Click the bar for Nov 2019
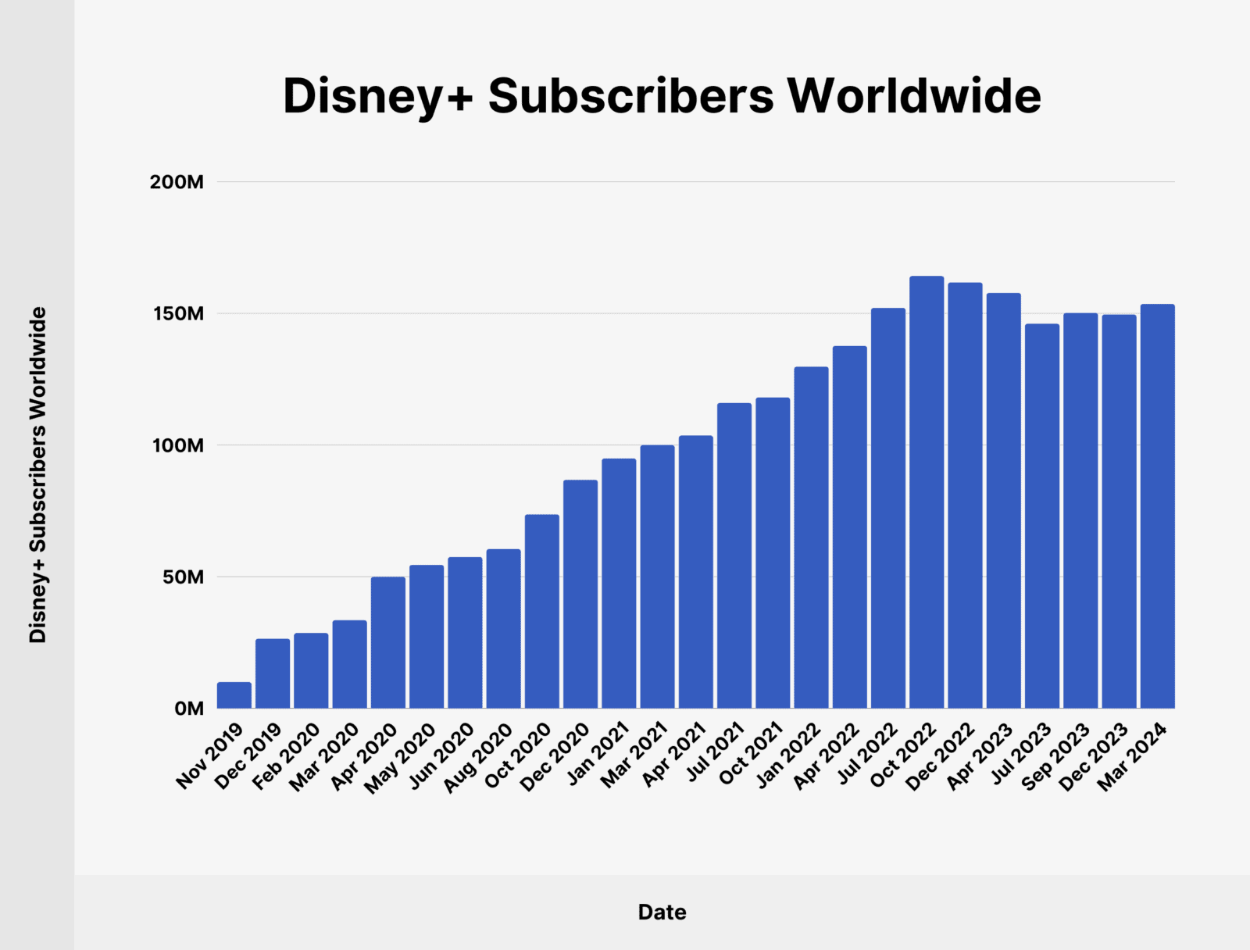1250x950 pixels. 234,695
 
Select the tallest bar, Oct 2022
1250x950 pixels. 927,492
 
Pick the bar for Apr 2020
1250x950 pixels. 388,642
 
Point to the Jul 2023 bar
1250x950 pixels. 1042,516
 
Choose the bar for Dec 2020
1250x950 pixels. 580,594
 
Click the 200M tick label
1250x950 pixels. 177,182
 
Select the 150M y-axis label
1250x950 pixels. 177,314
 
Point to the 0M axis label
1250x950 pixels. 188,709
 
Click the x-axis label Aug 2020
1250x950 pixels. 478,757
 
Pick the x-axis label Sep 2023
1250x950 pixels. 1055,756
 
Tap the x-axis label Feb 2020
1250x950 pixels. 286,756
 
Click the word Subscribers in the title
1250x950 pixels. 630,96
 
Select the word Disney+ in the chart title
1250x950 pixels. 377,96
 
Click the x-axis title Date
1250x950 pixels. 662,912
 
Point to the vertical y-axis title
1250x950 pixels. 37,474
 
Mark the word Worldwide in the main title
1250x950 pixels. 913,96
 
